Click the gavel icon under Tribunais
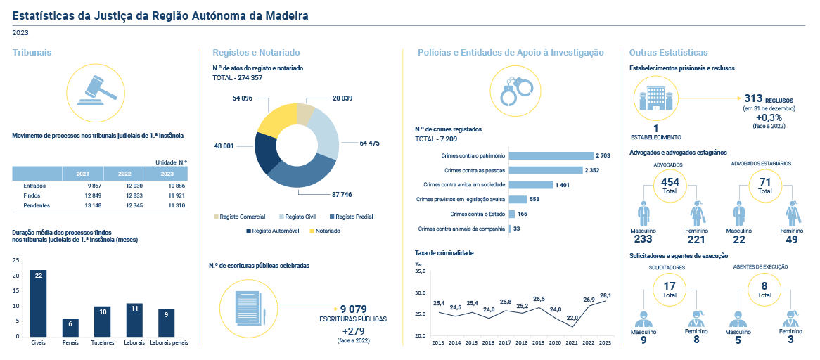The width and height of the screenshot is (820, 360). point(98,89)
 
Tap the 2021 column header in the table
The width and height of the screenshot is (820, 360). point(82,174)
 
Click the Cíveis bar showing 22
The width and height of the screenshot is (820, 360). point(38,303)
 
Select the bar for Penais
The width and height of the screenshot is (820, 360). point(70,327)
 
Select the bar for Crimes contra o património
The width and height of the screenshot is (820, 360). point(551,155)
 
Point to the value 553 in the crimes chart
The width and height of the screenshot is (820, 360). point(534,199)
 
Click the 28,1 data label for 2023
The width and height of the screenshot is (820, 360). point(606,295)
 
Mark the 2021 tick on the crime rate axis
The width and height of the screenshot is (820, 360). point(572,342)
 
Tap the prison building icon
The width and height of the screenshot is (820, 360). point(652,98)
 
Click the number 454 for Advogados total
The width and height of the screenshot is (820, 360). point(670,182)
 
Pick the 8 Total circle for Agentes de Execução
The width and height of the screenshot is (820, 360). point(764,289)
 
